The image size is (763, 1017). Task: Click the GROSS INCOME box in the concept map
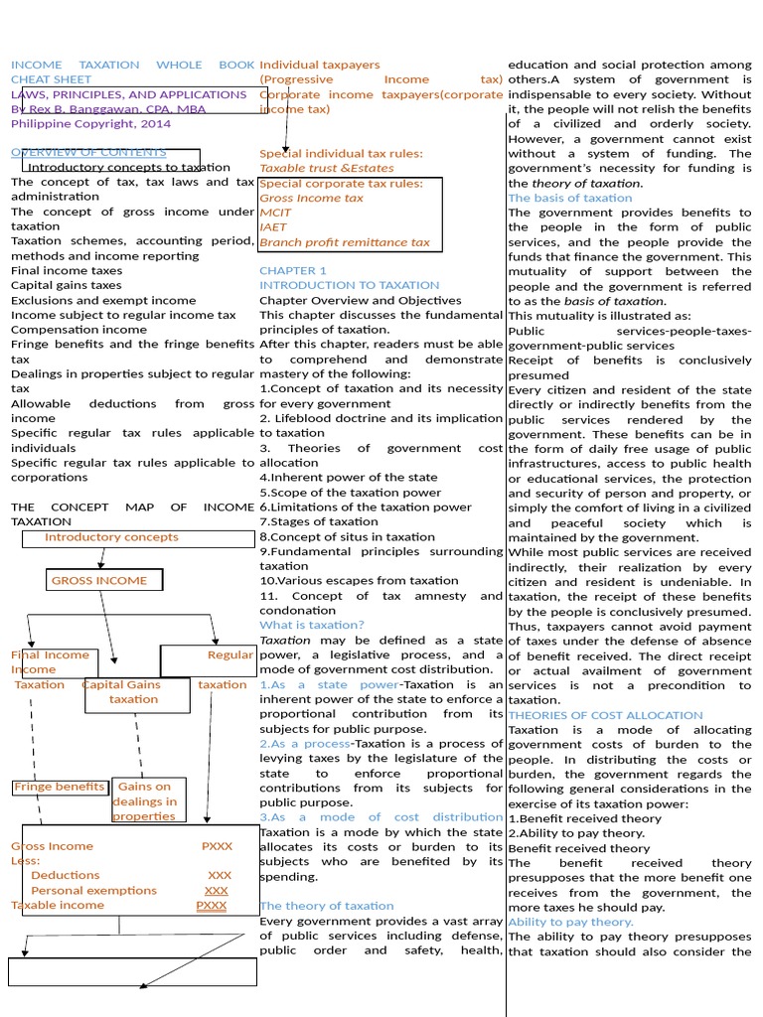pyautogui.click(x=104, y=581)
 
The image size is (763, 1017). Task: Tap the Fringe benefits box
pyautogui.click(x=60, y=788)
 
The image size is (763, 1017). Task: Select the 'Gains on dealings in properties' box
pyautogui.click(x=145, y=801)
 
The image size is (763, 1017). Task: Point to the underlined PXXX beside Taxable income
pyautogui.click(x=212, y=906)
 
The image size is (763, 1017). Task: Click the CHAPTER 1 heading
pyautogui.click(x=292, y=270)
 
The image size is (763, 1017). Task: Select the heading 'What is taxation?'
pyautogui.click(x=312, y=625)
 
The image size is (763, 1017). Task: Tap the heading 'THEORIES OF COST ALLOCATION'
pyautogui.click(x=605, y=715)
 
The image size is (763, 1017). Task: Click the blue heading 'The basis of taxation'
pyautogui.click(x=569, y=198)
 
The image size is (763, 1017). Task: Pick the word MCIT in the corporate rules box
pyautogui.click(x=275, y=213)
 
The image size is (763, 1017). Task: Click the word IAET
pyautogui.click(x=272, y=227)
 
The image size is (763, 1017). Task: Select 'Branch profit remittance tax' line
pyautogui.click(x=344, y=242)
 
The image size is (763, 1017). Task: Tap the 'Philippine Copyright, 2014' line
pyautogui.click(x=90, y=124)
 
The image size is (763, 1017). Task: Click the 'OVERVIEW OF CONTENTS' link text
pyautogui.click(x=88, y=153)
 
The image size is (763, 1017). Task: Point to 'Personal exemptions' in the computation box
pyautogui.click(x=94, y=891)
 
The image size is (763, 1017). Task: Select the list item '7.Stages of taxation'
pyautogui.click(x=319, y=521)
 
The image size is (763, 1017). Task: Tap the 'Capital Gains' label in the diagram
pyautogui.click(x=121, y=684)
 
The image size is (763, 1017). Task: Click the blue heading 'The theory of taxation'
pyautogui.click(x=326, y=906)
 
